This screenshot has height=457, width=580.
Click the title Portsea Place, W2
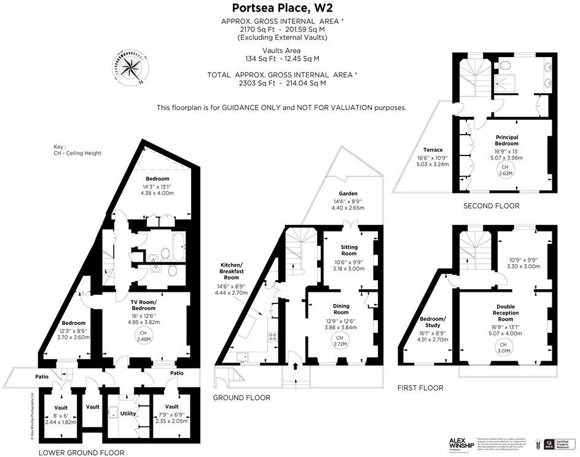282,8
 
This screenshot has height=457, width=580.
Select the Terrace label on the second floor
433,149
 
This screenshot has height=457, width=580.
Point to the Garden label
348,193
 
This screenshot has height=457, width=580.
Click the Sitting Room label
349,251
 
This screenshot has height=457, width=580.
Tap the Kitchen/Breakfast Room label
233,271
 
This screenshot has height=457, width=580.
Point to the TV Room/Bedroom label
143,305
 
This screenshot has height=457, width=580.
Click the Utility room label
128,414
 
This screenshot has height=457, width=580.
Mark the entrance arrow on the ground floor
296,367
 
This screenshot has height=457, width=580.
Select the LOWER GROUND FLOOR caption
81,453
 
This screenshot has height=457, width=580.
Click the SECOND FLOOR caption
491,206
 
